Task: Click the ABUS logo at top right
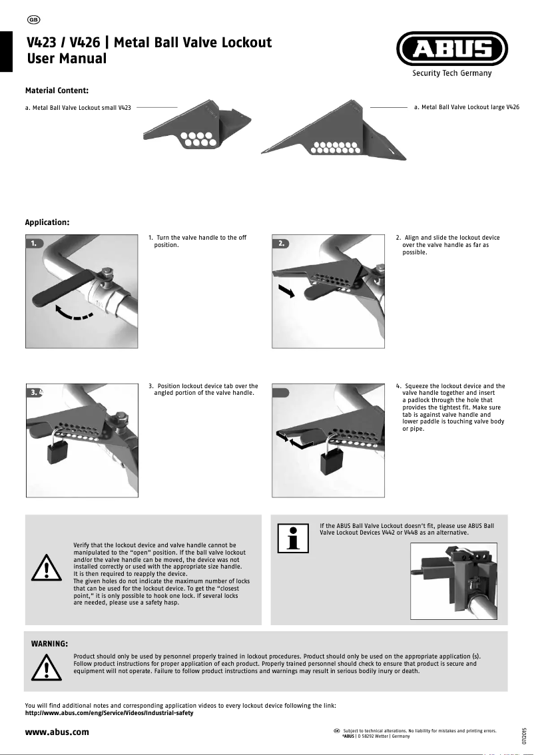click(x=452, y=50)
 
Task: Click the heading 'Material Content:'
click(x=57, y=90)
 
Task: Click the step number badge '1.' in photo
click(x=35, y=244)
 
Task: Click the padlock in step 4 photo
click(x=332, y=461)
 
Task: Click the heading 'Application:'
click(x=47, y=222)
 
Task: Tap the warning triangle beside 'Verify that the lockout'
click(x=45, y=567)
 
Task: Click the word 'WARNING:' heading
click(x=50, y=644)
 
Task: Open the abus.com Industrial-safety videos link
click(x=109, y=713)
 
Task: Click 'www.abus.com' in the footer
click(x=57, y=732)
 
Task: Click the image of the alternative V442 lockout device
click(x=454, y=578)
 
